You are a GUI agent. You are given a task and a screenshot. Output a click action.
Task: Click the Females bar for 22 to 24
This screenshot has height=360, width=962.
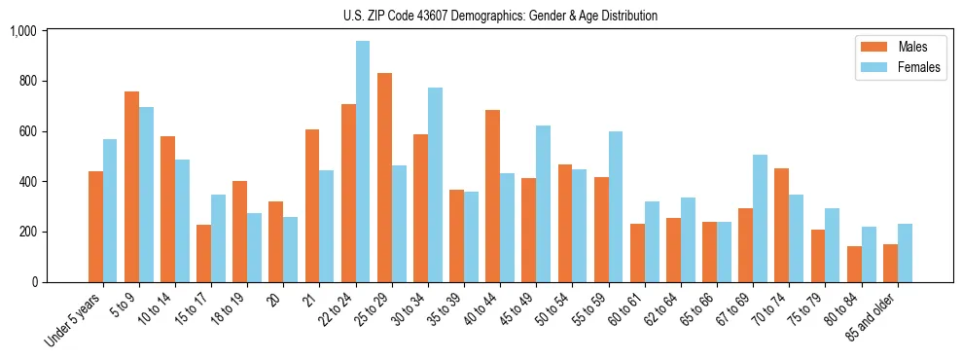pyautogui.click(x=363, y=162)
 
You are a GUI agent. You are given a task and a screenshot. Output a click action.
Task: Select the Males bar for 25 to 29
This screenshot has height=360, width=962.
pyautogui.click(x=384, y=177)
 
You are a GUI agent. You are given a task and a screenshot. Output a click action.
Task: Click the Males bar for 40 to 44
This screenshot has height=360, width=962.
pyautogui.click(x=492, y=196)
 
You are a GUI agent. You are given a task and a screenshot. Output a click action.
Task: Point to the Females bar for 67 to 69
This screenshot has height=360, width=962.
pyautogui.click(x=760, y=218)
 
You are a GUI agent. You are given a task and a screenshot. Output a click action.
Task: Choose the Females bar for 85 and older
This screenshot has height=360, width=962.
pyautogui.click(x=905, y=253)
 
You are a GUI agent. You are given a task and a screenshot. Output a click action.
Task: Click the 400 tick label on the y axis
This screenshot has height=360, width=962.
pyautogui.click(x=26, y=182)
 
